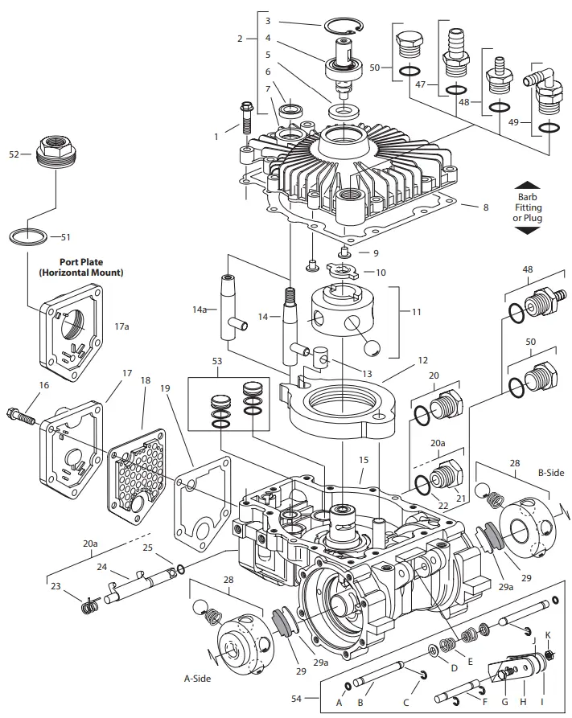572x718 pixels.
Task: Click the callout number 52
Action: point(13,154)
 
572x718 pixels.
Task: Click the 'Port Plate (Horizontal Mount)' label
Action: point(81,267)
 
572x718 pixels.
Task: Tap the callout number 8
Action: point(485,207)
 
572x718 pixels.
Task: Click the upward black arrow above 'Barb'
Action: point(529,184)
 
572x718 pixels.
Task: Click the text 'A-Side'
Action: point(198,679)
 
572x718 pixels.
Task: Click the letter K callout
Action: point(548,635)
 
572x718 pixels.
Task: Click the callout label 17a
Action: point(121,326)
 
